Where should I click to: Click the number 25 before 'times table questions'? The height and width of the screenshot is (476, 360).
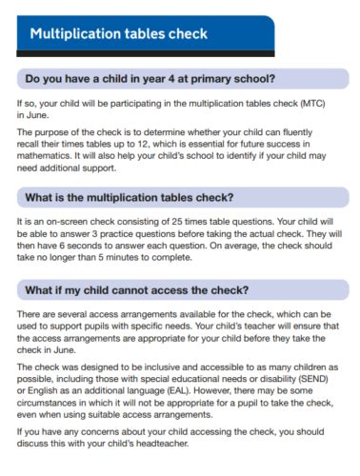[x=183, y=221]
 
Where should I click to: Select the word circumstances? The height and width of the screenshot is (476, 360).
[x=53, y=402]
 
